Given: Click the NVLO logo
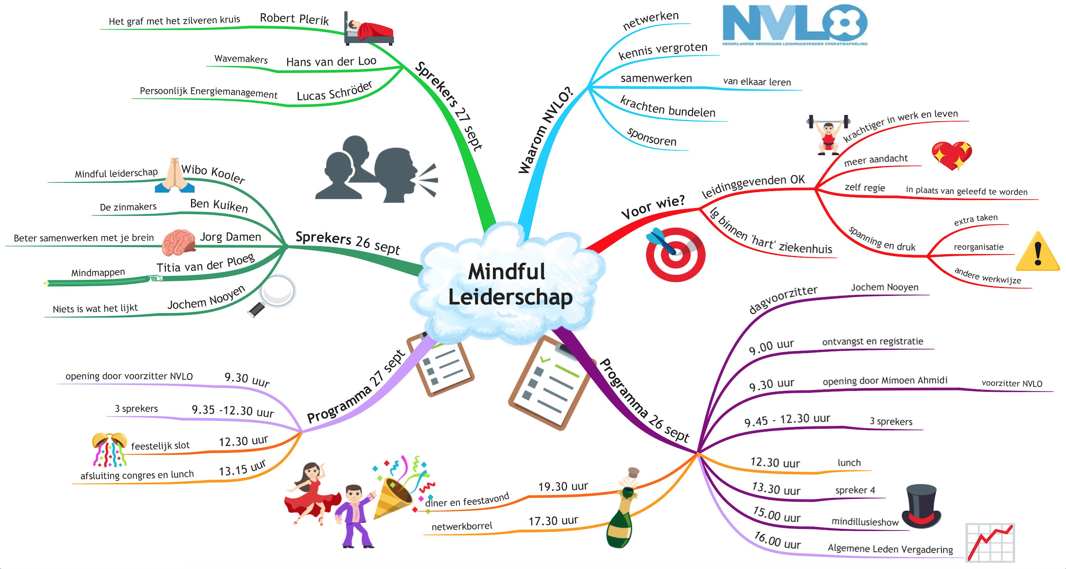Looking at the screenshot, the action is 795,25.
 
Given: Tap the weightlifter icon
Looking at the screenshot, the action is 828,134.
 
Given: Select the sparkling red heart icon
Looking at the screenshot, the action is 952,155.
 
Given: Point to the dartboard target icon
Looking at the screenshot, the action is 675,254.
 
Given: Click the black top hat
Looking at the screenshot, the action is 921,506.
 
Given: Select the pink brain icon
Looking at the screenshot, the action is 179,243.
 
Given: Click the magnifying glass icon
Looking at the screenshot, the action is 272,295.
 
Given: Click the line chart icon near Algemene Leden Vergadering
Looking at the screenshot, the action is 990,543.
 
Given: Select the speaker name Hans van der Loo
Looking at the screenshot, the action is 331,61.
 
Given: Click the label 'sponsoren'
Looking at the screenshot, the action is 651,137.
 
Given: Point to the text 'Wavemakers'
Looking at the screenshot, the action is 241,59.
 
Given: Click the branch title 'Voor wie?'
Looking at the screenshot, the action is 653,207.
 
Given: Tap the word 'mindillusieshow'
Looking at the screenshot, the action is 865,521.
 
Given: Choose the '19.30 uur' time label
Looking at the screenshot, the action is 563,486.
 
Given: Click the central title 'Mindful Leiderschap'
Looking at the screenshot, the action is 510,284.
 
